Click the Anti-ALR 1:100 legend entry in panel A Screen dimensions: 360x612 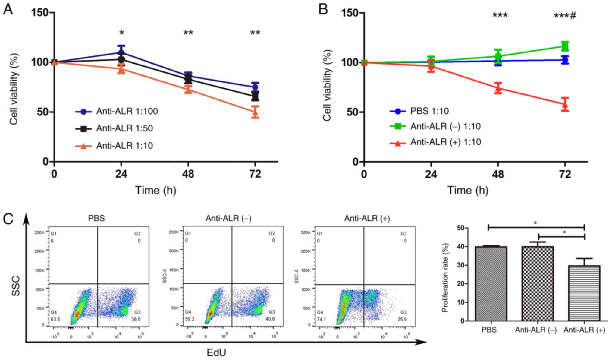pyautogui.click(x=127, y=111)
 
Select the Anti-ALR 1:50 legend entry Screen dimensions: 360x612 pyautogui.click(x=124, y=128)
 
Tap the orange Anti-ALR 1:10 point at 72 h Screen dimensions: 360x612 pyautogui.click(x=255, y=112)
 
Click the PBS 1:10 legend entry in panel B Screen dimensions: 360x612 pyautogui.click(x=429, y=111)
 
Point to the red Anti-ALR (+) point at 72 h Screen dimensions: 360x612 pyautogui.click(x=565, y=104)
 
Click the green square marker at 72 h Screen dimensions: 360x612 pyautogui.click(x=565, y=46)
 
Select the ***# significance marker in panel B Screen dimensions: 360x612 pyautogui.click(x=565, y=16)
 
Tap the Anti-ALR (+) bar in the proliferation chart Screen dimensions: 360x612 pyautogui.click(x=584, y=293)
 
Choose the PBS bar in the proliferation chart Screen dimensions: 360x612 pyautogui.click(x=491, y=283)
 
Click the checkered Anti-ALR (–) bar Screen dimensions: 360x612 pyautogui.click(x=538, y=283)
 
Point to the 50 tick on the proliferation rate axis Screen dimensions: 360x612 pyautogui.click(x=460, y=228)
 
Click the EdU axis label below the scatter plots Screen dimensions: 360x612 pyautogui.click(x=216, y=352)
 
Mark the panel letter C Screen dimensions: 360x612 pyautogui.click(x=8, y=219)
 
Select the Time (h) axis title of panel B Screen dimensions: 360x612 pyautogui.click(x=468, y=190)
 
